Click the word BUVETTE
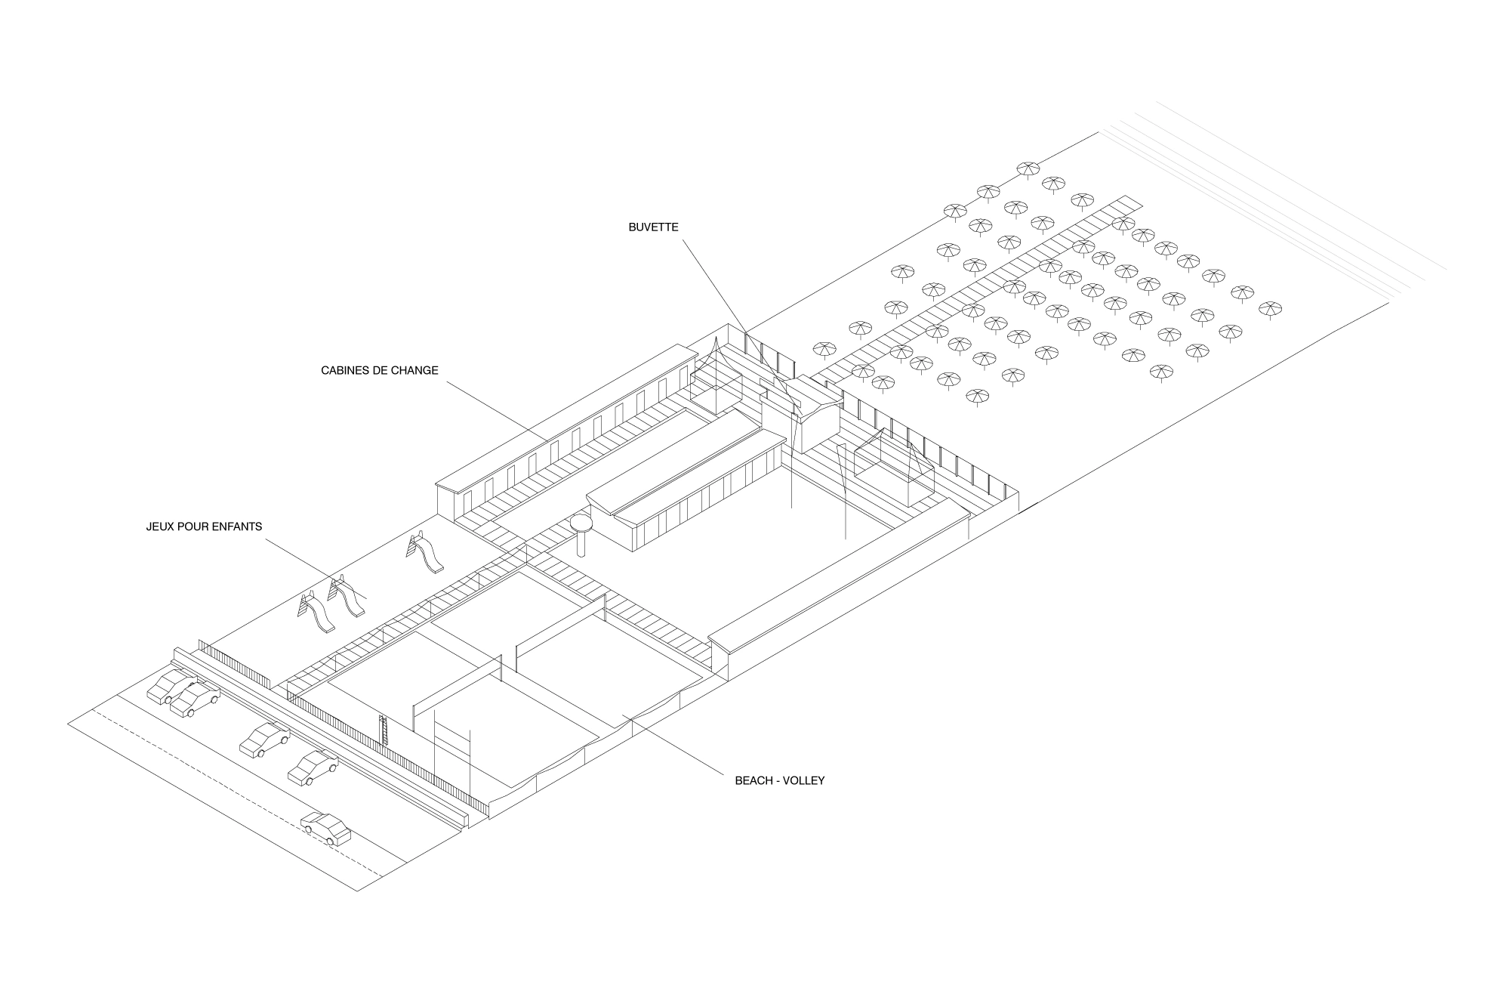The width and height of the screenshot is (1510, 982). [653, 227]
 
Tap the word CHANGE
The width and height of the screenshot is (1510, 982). [417, 370]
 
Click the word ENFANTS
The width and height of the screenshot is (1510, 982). [237, 527]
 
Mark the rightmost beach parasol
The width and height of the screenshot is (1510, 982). [1270, 308]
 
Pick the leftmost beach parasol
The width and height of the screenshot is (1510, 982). [824, 349]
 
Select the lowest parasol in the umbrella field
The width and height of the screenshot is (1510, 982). [977, 396]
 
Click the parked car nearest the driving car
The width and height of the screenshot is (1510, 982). [313, 768]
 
